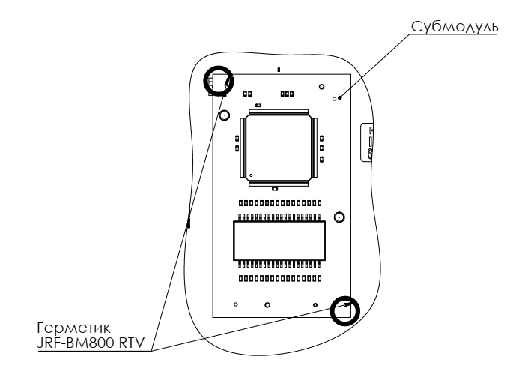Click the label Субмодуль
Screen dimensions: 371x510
coord(454,28)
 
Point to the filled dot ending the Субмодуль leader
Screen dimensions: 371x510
coord(340,97)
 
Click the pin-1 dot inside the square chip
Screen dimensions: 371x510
coord(252,175)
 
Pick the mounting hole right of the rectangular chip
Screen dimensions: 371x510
coord(339,217)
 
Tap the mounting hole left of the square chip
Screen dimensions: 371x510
coord(223,116)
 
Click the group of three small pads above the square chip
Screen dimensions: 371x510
coord(286,94)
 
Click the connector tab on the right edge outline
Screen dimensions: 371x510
coord(368,142)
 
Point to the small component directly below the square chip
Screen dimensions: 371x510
coord(275,190)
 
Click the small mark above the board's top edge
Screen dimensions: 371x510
coord(279,70)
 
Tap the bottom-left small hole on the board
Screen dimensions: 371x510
coord(236,304)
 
